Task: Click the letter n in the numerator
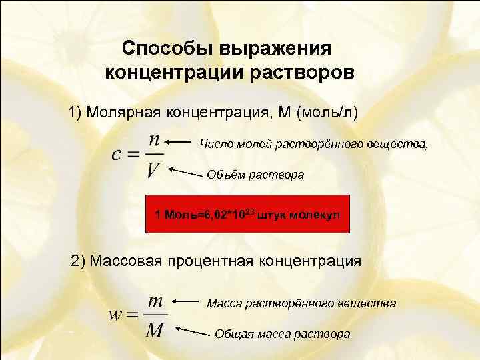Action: [x=153, y=141]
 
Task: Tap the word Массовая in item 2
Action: [x=126, y=261]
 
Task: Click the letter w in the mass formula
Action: [x=115, y=315]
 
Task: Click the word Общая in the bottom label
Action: [x=233, y=334]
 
